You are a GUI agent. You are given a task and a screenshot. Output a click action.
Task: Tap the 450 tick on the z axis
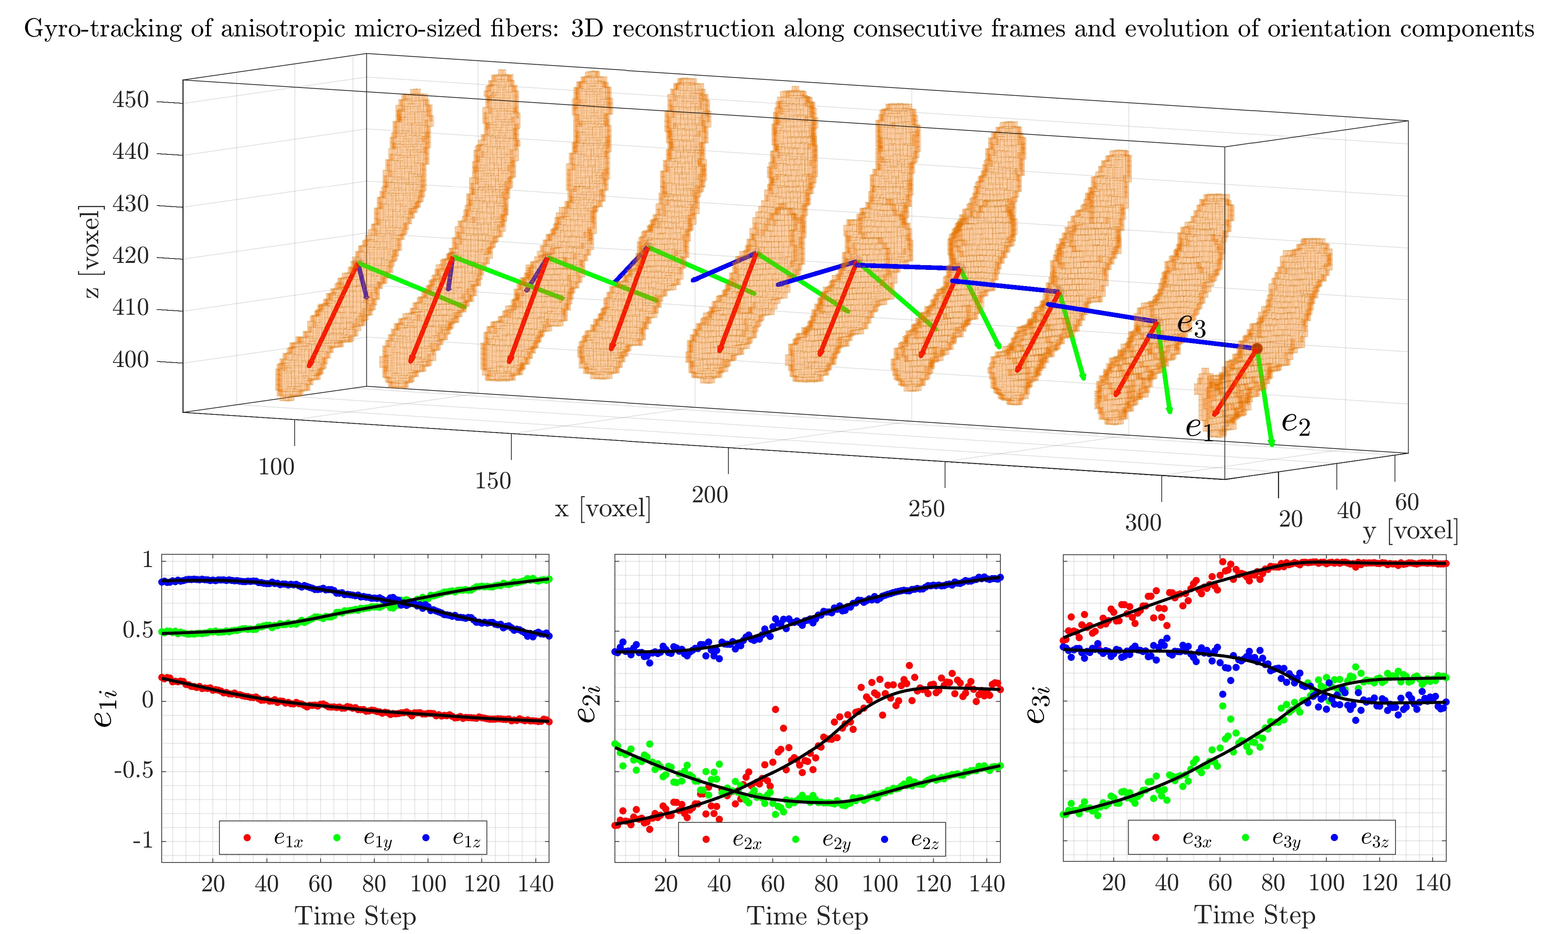click(131, 100)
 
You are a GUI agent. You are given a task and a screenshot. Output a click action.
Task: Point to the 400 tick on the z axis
click(131, 361)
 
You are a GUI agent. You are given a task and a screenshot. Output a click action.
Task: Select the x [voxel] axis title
click(603, 507)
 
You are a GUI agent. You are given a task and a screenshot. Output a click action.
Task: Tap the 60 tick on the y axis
click(1407, 502)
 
